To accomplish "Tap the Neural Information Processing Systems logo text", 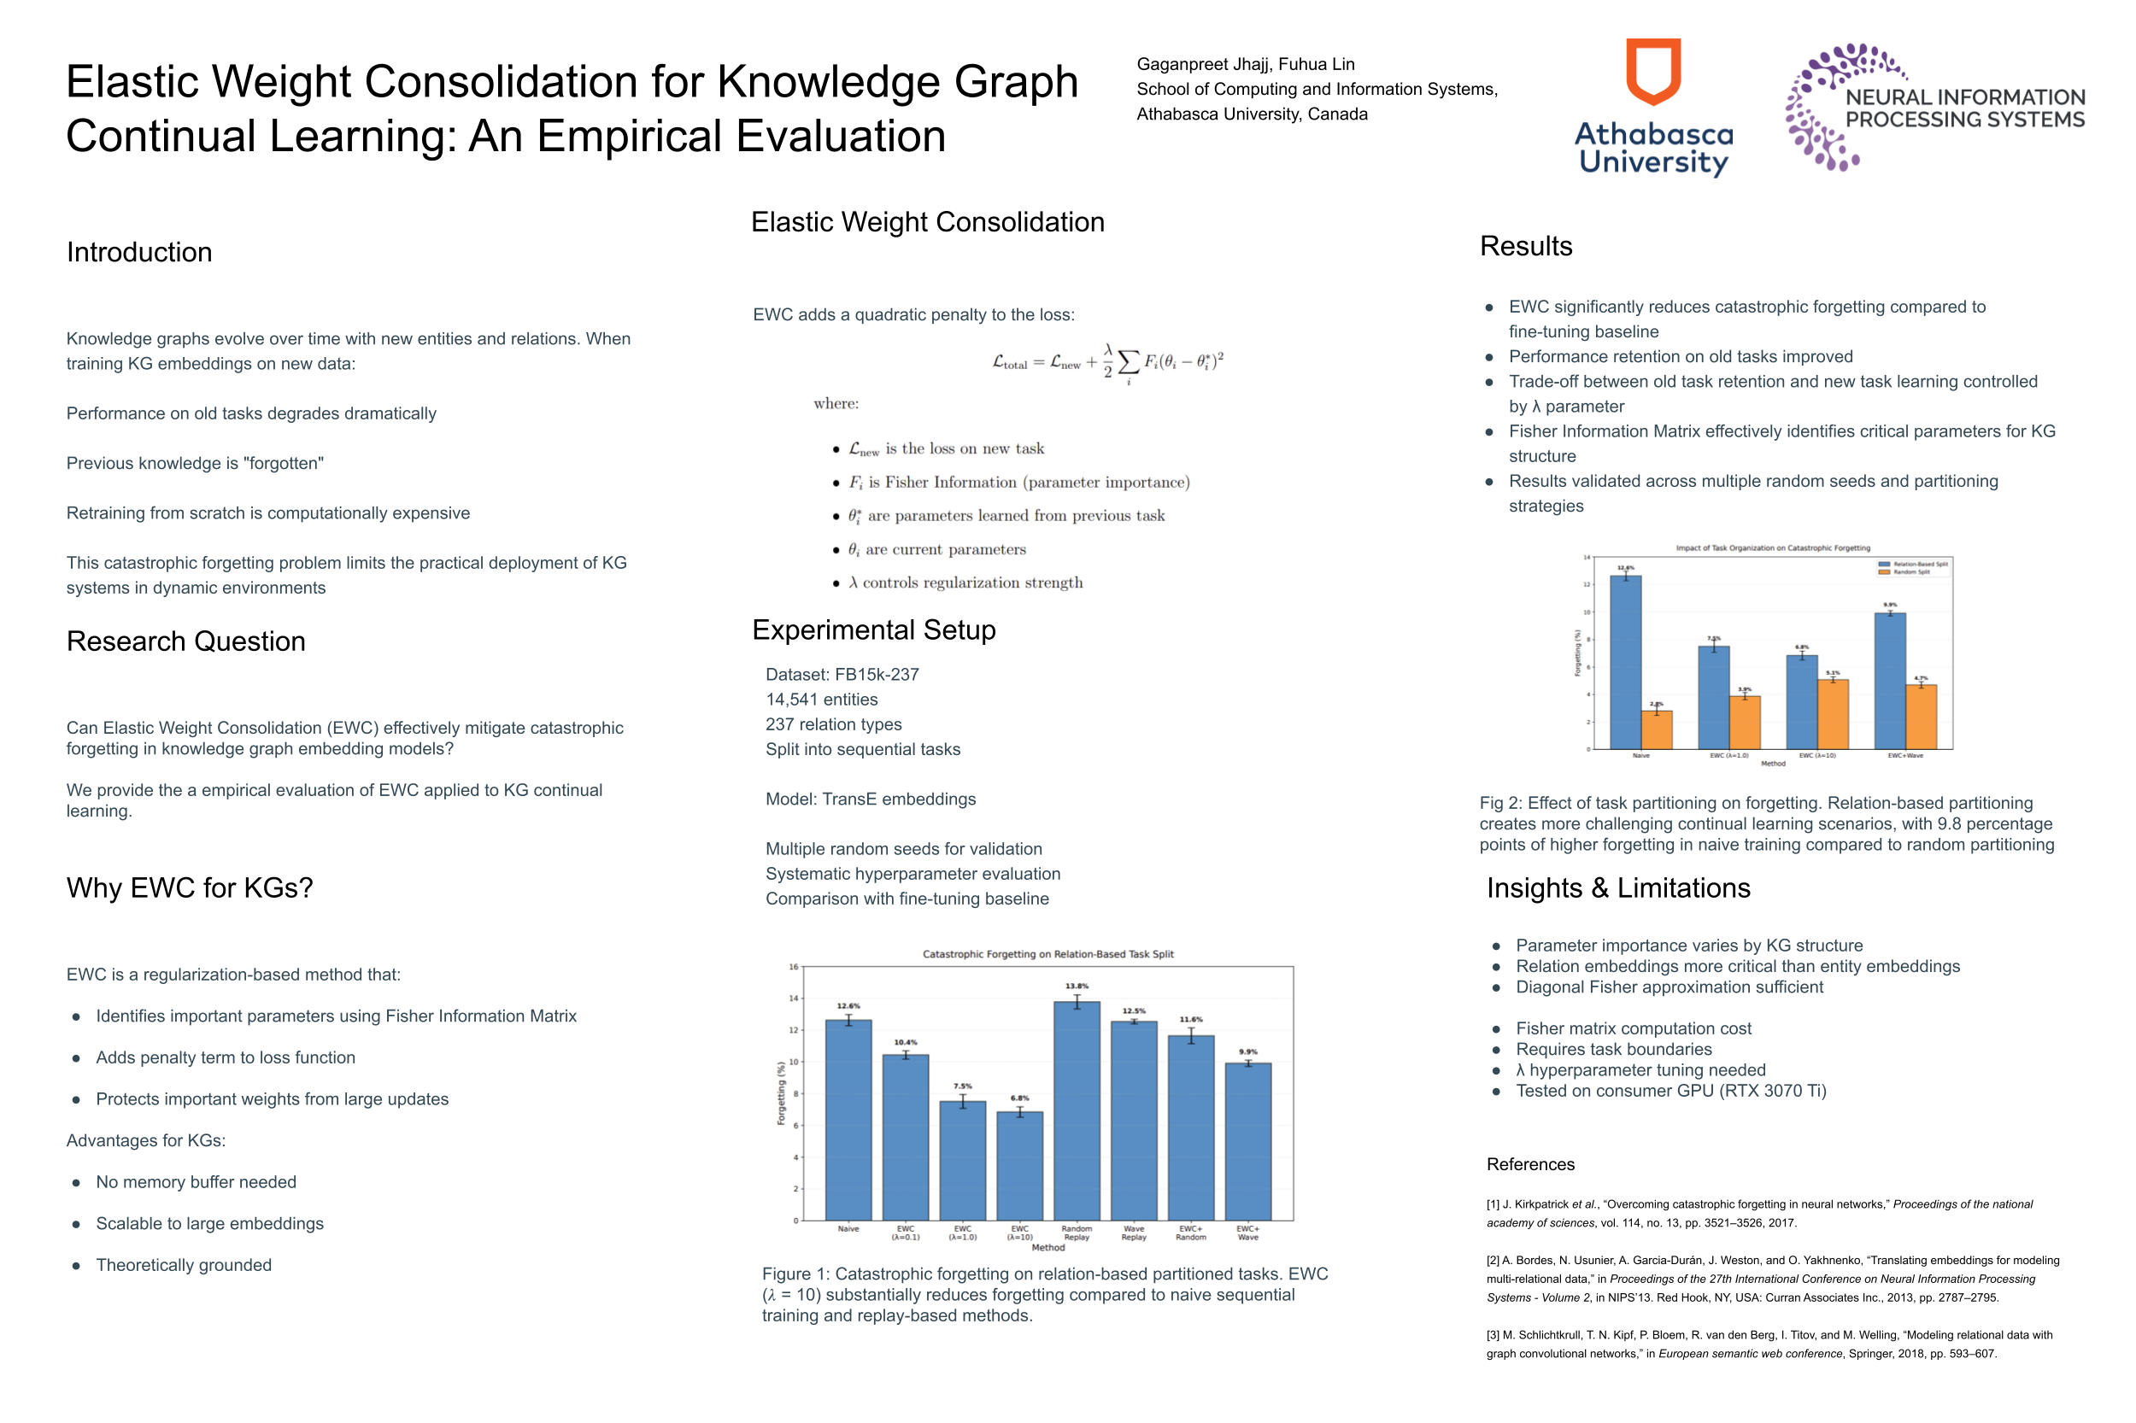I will [1964, 108].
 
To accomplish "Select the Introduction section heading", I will [139, 252].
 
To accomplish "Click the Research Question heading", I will [186, 641].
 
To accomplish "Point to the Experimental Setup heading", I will [873, 630].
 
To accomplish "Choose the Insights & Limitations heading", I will [1617, 887].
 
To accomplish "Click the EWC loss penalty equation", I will [1107, 362].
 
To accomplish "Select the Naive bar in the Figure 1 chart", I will [848, 1121].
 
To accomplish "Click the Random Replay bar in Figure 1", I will [1077, 1112].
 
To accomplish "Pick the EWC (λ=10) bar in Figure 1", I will [1019, 1166].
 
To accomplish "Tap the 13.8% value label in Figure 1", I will [1077, 986].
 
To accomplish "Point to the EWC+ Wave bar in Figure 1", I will [1247, 1142].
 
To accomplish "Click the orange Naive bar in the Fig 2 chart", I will [1657, 729].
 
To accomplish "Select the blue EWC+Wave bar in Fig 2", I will [1890, 681].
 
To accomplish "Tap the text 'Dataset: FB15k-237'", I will [842, 674].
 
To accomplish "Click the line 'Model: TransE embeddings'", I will [870, 799].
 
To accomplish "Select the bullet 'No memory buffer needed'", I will [196, 1181].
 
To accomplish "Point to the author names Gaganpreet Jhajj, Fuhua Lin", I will [1245, 64].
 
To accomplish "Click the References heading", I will [1529, 1164].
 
